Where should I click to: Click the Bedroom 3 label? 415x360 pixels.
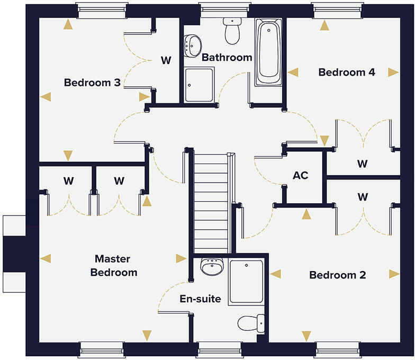92,83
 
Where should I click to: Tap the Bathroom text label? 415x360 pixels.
227,57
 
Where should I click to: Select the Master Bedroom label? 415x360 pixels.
113,266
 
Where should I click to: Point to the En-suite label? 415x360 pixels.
200,299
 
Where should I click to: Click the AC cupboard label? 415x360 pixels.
301,175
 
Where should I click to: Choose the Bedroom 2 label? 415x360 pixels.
338,275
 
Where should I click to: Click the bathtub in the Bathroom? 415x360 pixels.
270,53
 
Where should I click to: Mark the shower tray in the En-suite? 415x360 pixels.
246,282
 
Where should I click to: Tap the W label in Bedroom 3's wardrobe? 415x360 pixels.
166,60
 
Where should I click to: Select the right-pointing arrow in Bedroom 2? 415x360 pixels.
394,274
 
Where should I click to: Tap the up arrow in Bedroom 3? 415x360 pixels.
68,24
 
